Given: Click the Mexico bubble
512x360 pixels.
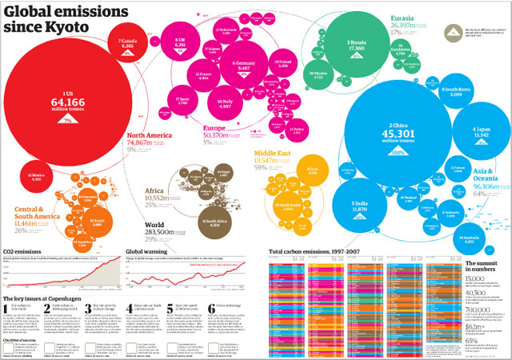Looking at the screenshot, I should (x=36, y=176).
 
